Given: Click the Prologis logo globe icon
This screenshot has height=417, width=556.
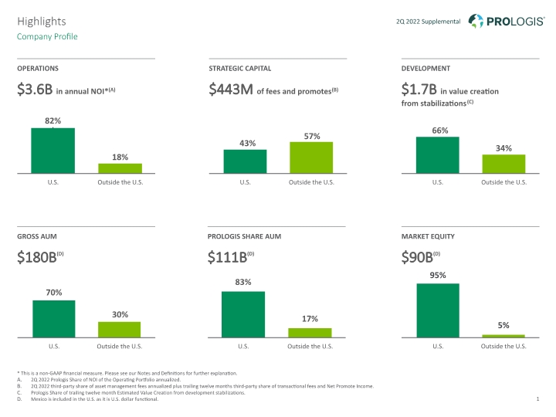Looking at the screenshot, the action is [476, 21].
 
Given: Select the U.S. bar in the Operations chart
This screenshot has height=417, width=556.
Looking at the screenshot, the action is [53, 151].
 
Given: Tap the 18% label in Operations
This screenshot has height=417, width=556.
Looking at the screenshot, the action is [120, 157].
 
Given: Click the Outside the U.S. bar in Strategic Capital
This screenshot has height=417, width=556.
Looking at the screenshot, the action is [311, 158].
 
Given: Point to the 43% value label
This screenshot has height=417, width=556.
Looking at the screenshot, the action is [248, 144].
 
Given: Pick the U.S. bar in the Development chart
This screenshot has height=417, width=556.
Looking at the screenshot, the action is [438, 155].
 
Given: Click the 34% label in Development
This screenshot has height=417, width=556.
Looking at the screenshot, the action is [503, 148].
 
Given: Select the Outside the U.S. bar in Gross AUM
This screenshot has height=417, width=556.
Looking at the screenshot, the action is [119, 330].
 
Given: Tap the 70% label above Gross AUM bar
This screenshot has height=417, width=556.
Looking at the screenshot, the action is [54, 293].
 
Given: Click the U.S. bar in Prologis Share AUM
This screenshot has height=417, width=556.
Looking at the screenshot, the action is [243, 314].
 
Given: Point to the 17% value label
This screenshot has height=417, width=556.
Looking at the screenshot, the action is [310, 319].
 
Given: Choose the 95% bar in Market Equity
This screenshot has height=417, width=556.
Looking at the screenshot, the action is [438, 310].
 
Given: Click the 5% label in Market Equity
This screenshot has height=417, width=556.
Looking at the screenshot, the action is [503, 325].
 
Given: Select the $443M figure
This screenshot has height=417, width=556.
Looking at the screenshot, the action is [231, 89].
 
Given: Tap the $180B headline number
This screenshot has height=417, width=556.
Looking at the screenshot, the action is [37, 257].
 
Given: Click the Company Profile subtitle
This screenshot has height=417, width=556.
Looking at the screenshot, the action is [47, 36].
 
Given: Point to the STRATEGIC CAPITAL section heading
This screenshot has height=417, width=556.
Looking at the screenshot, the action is [239, 69].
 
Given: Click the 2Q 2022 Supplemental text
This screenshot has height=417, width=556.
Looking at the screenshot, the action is [429, 22].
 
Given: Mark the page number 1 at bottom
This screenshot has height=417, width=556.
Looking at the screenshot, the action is [537, 399].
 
